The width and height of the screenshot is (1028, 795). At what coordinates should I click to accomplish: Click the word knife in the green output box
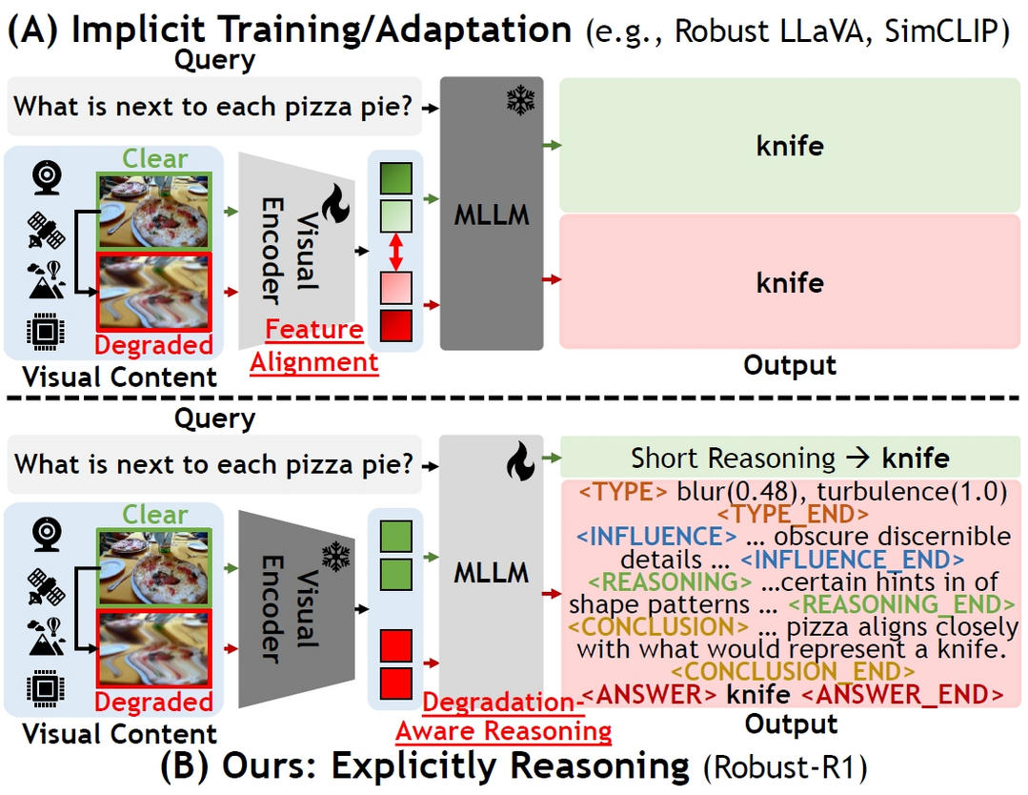(789, 146)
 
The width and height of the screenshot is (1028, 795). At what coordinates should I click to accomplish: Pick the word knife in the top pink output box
(789, 283)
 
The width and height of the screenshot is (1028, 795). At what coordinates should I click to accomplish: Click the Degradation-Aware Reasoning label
(503, 717)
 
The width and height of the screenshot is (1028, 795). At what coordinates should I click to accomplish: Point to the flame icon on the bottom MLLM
(519, 463)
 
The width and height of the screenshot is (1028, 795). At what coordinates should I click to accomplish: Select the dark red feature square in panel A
(396, 326)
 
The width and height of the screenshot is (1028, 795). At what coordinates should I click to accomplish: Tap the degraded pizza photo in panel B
(156, 651)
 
